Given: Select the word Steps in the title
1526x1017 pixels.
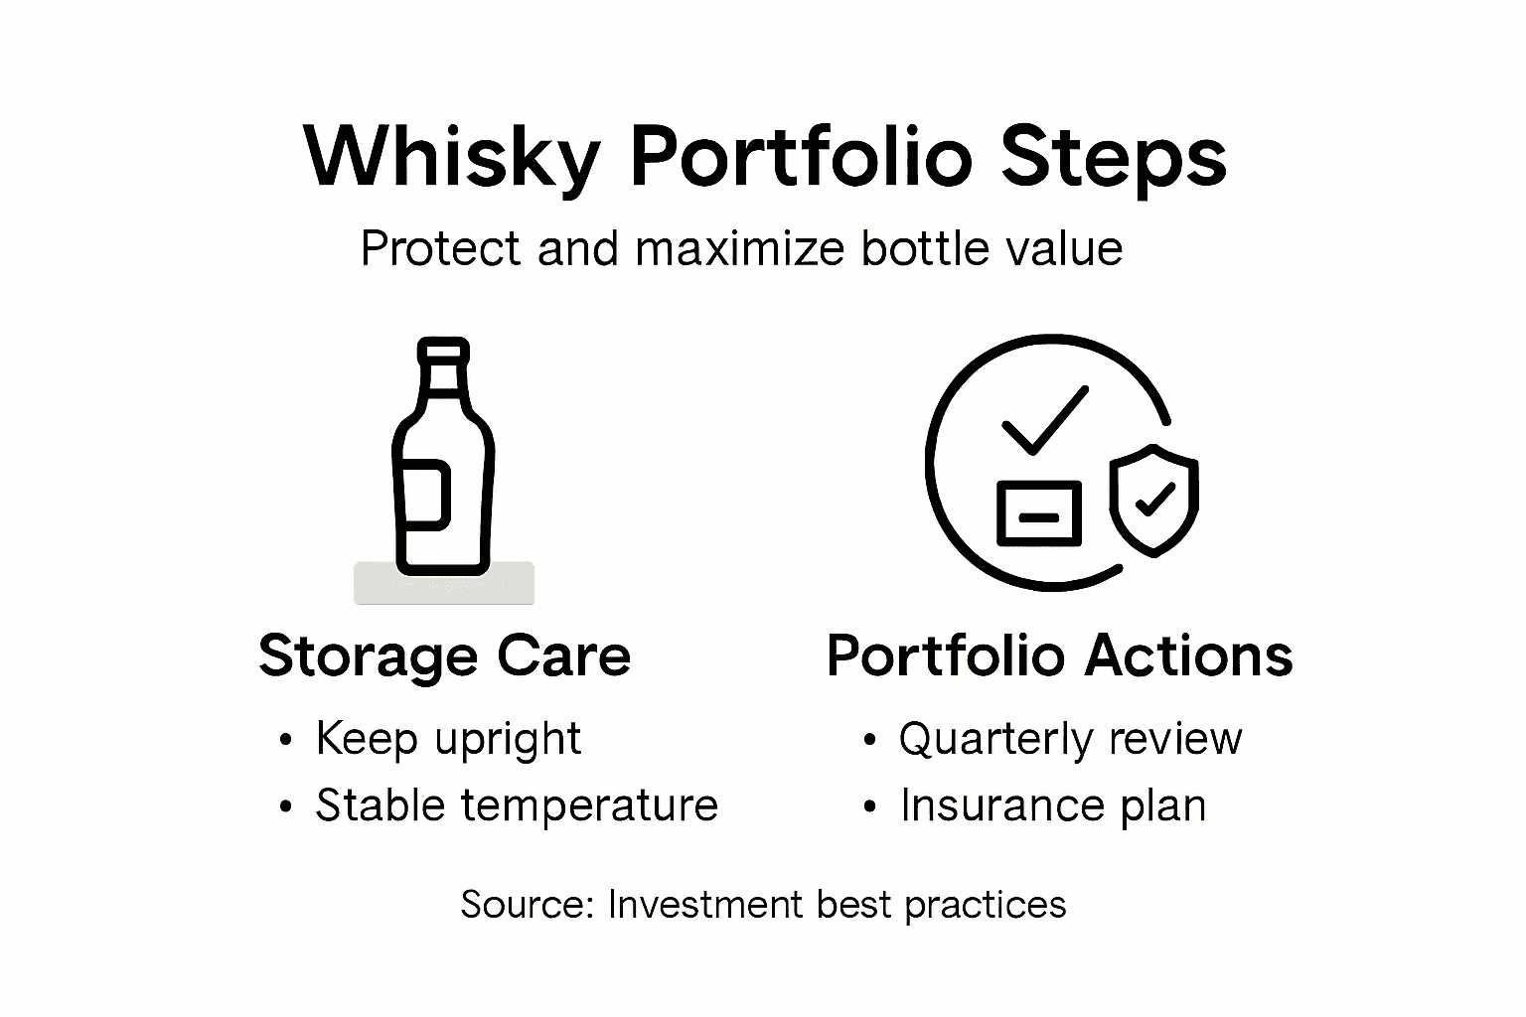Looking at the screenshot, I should coord(1115,158).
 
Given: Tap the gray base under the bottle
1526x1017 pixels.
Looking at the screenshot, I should coord(444,584).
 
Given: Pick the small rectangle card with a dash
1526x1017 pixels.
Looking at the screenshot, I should coord(1038,513).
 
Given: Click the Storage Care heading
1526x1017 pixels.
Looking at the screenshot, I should coord(444,656).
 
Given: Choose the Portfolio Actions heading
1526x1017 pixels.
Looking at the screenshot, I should coord(1059,656).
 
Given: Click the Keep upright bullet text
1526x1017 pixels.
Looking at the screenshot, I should coord(448,739).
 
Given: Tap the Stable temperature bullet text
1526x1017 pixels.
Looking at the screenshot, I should coord(517,804).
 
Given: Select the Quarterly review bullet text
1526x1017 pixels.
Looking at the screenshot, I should coord(1070,739).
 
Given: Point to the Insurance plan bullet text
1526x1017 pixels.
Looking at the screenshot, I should coord(1053,804).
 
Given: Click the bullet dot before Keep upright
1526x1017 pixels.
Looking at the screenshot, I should coord(287,740).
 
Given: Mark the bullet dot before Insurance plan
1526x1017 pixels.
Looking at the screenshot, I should coord(870,806).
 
